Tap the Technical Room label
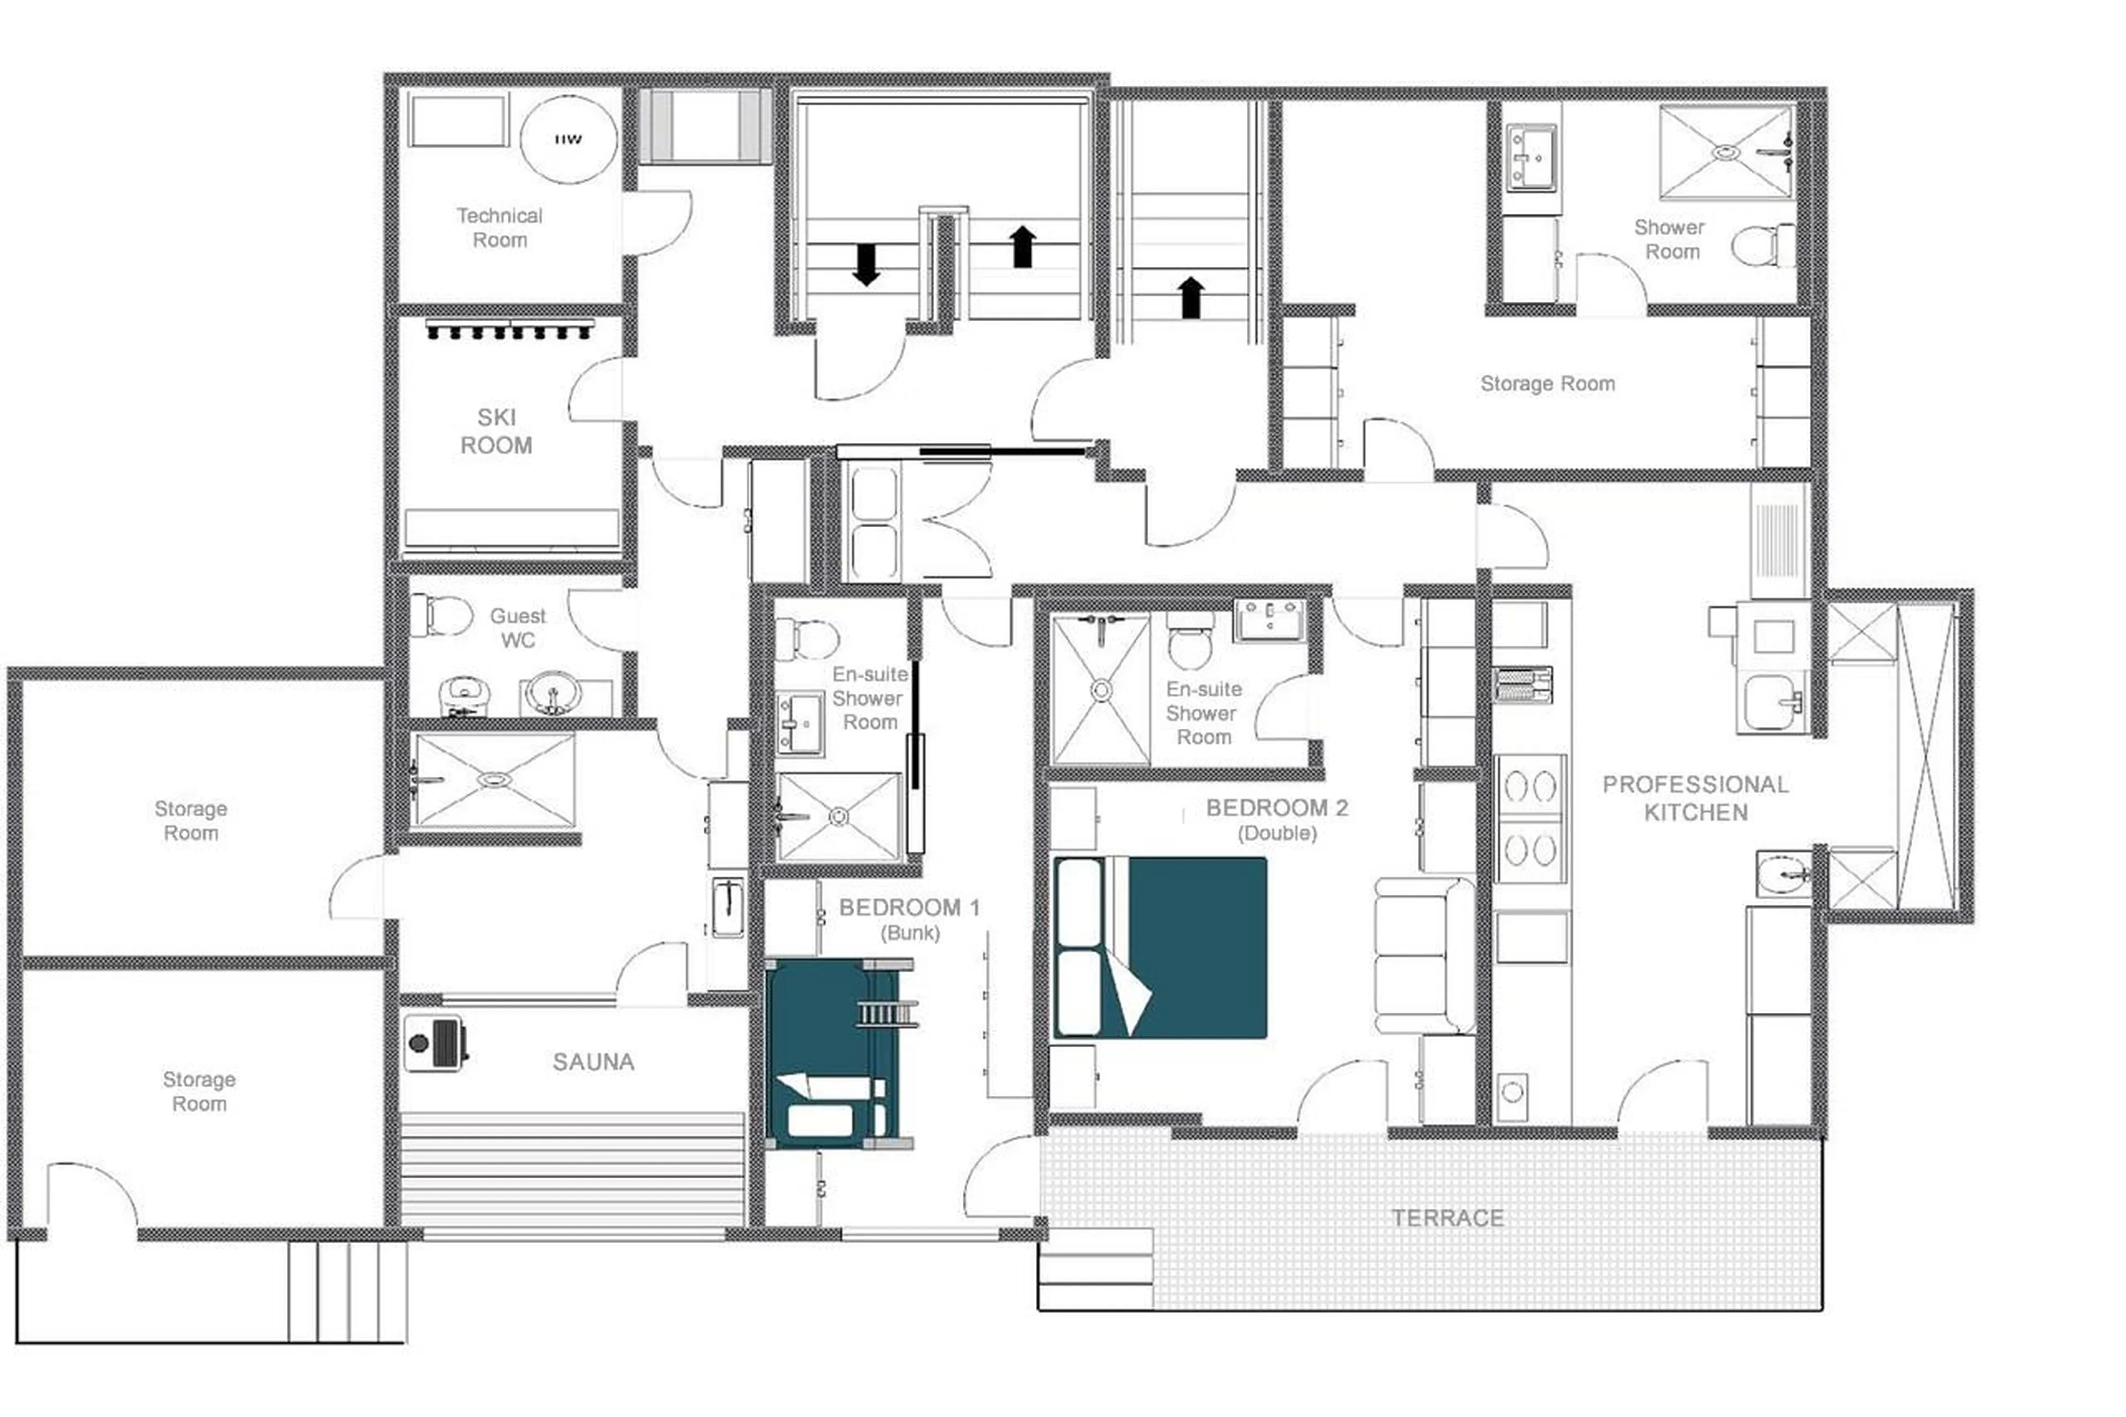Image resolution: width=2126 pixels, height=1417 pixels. coord(499,228)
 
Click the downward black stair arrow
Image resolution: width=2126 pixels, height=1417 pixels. coord(865,264)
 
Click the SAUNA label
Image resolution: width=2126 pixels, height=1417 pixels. coord(593,1062)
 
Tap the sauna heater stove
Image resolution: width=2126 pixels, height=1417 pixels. coord(434,1043)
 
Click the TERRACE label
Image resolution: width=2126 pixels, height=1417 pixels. coord(1447,1217)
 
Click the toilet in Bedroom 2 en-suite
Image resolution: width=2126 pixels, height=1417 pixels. coord(1190,642)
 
